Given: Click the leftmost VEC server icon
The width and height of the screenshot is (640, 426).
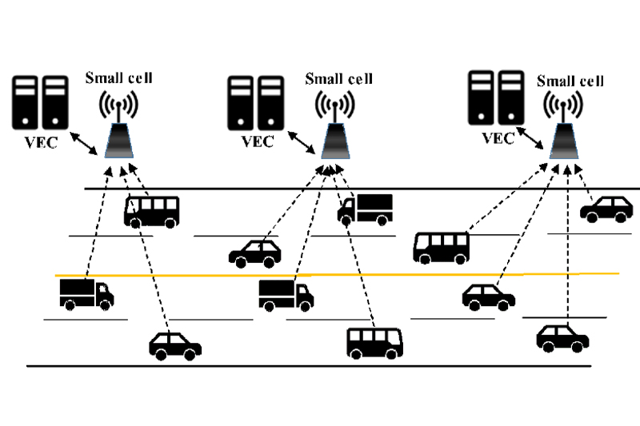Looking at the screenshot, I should pyautogui.click(x=40, y=102).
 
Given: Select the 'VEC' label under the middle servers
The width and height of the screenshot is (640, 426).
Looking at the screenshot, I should pyautogui.click(x=256, y=142).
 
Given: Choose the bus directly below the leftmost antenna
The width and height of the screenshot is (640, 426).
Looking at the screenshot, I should pyautogui.click(x=151, y=211).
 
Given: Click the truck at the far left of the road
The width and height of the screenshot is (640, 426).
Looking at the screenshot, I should pyautogui.click(x=86, y=294).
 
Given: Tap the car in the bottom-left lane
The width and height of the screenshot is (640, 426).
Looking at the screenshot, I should pyautogui.click(x=175, y=345).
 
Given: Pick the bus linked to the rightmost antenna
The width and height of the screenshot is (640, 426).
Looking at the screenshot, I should pyautogui.click(x=442, y=247).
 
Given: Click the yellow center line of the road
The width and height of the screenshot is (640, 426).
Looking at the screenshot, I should pyautogui.click(x=336, y=275).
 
